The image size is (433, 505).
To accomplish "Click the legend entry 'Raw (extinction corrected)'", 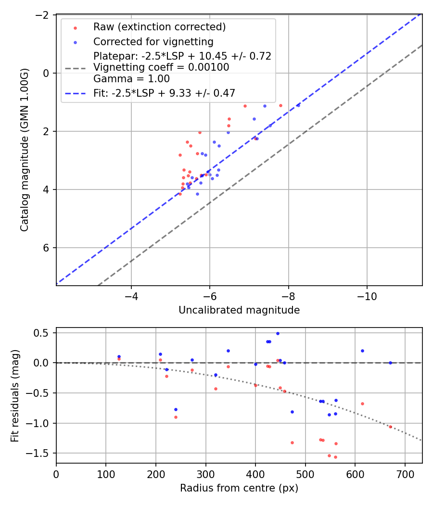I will pyautogui.click(x=159, y=26).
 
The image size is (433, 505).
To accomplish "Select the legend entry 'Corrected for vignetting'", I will pyautogui.click(x=153, y=41).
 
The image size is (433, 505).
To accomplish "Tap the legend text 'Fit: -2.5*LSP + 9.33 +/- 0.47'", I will pyautogui.click(x=164, y=93).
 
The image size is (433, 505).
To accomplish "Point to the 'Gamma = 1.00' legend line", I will pyautogui.click(x=131, y=78).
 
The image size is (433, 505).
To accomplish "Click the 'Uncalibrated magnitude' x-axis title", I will pyautogui.click(x=239, y=310).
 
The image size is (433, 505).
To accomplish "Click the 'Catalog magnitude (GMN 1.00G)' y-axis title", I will pyautogui.click(x=25, y=150).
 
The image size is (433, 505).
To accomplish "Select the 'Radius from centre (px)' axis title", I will pyautogui.click(x=239, y=488).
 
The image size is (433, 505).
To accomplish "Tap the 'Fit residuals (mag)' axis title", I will pyautogui.click(x=15, y=395).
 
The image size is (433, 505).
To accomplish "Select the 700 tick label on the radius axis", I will pyautogui.click(x=405, y=474).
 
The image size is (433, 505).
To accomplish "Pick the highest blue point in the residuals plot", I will pyautogui.click(x=278, y=333).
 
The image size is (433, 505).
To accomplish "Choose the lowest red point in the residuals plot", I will pyautogui.click(x=335, y=457).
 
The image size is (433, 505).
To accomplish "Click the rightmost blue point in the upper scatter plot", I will pyautogui.click(x=298, y=105).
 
